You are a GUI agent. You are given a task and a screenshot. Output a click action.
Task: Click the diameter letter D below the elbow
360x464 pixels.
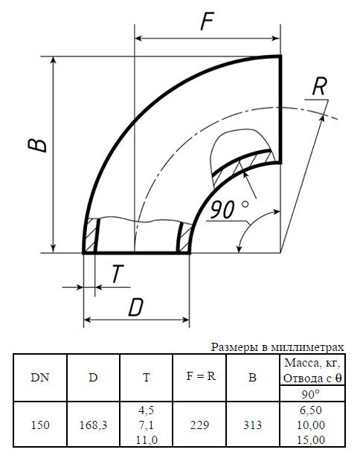tap(135, 307)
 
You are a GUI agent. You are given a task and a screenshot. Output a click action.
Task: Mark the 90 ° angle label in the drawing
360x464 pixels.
tap(228, 210)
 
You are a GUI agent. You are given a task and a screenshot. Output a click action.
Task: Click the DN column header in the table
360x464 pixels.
tap(40, 377)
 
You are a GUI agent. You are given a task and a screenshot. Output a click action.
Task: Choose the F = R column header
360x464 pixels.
tap(200, 376)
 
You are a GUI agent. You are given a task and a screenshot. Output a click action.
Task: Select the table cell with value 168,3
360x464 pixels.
tap(93, 425)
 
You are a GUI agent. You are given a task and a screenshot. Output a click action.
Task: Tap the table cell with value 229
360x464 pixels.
tap(200, 425)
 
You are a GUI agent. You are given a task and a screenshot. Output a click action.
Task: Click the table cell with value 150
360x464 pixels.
tap(40, 425)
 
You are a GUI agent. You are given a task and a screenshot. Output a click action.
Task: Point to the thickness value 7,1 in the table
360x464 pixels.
tap(147, 425)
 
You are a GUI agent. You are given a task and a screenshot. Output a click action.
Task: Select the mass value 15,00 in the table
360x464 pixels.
tap(310, 439)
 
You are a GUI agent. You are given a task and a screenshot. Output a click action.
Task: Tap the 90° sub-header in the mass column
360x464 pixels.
tap(310, 394)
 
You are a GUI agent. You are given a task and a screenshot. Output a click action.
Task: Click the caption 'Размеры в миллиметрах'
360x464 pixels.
tap(277, 347)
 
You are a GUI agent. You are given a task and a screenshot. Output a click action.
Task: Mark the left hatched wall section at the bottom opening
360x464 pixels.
tap(91, 236)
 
